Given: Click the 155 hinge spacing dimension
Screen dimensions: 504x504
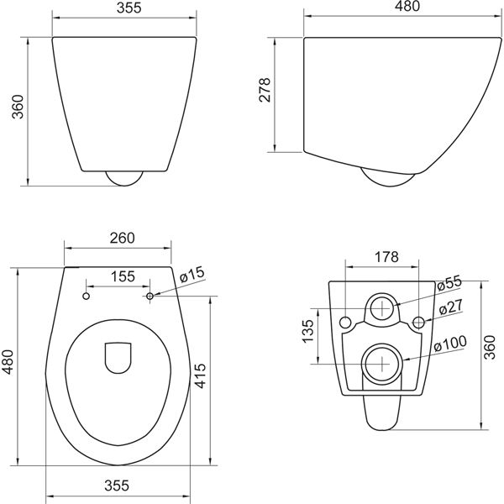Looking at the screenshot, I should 123,276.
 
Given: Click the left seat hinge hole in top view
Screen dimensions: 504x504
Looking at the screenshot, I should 86,296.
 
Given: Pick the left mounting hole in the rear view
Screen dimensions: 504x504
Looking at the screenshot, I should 344,322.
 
